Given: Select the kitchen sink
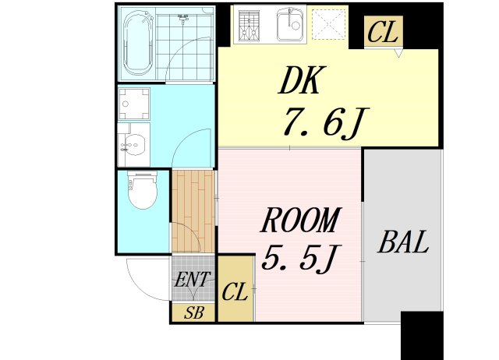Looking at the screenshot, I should click(x=289, y=26).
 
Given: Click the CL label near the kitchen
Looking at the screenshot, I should click(x=384, y=33).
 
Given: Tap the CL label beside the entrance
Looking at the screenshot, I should click(x=235, y=293).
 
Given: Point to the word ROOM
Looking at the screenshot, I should click(x=300, y=221).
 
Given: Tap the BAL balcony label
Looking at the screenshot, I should click(x=403, y=243).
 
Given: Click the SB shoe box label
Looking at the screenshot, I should click(x=193, y=313).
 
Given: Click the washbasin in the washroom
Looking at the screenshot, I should click(x=133, y=145).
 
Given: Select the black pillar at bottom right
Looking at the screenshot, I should click(x=422, y=335).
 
